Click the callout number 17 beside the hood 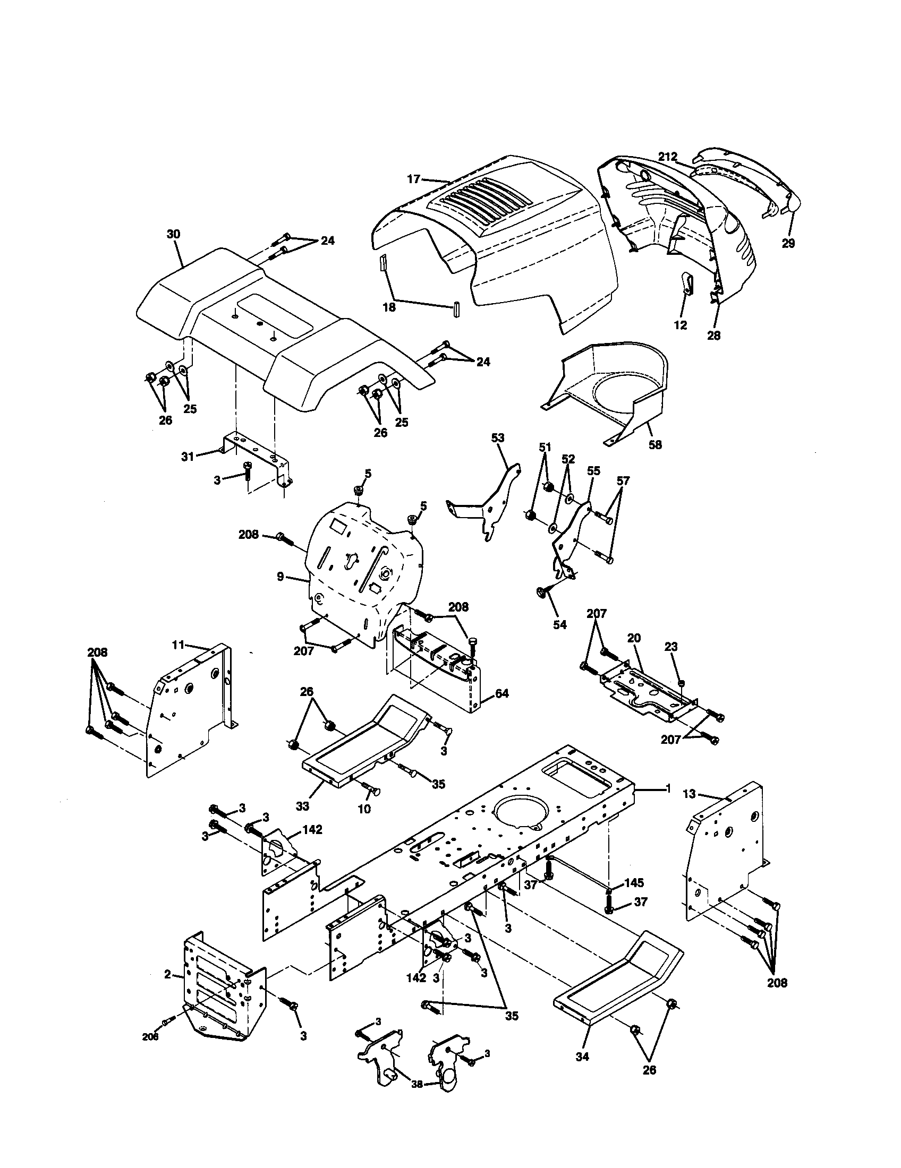pyautogui.click(x=414, y=179)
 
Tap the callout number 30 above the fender pyautogui.click(x=173, y=234)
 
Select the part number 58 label pyautogui.click(x=655, y=444)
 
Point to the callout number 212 pyautogui.click(x=667, y=157)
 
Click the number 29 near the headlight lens pyautogui.click(x=787, y=243)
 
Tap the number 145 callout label pyautogui.click(x=633, y=882)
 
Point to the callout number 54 pyautogui.click(x=559, y=625)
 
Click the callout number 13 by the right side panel pyautogui.click(x=689, y=794)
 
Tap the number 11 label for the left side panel pyautogui.click(x=178, y=646)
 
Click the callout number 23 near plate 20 pyautogui.click(x=671, y=647)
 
